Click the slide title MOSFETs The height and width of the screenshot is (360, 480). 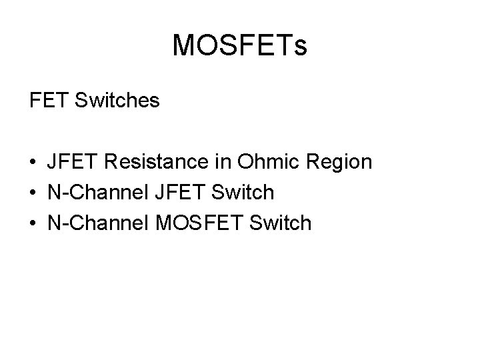(x=239, y=46)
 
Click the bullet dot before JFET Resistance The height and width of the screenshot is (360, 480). (x=33, y=163)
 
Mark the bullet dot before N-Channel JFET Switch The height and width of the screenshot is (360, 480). (x=33, y=193)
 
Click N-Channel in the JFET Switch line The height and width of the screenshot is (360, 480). (x=95, y=193)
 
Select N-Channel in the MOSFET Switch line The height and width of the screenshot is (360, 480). (x=95, y=223)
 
